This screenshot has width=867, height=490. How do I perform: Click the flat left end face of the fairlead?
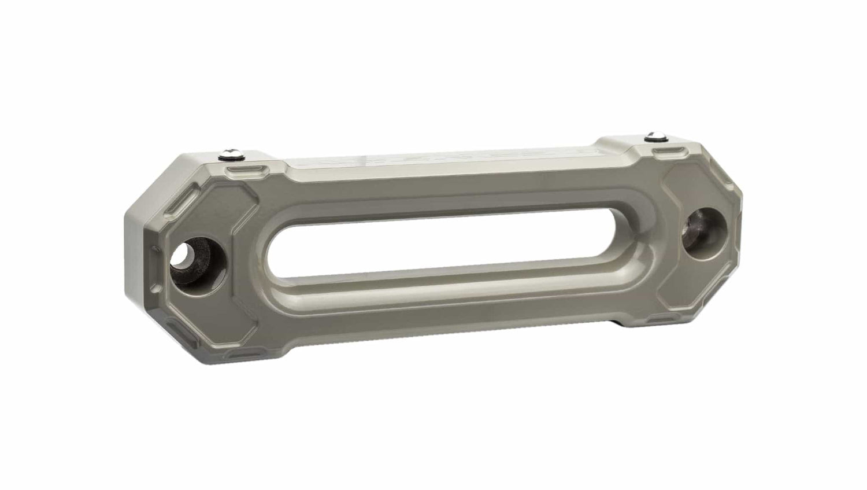click(139, 255)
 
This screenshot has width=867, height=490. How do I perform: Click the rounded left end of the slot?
click(267, 254)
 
